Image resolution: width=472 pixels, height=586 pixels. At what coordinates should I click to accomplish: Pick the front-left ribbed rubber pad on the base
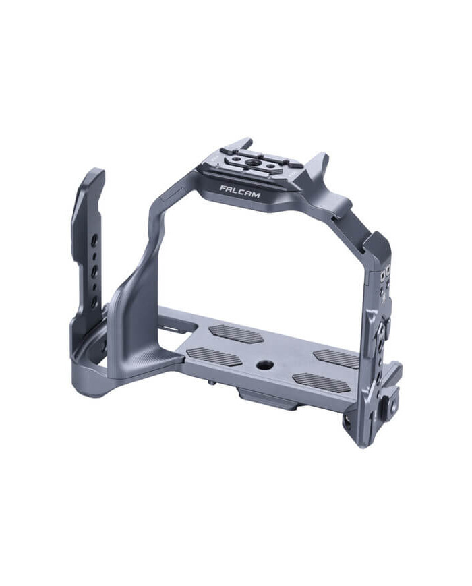coord(214,357)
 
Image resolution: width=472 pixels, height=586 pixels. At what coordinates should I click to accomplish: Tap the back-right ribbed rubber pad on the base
coord(335,358)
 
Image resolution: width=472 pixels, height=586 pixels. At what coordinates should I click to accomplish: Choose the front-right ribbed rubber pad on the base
coord(322,382)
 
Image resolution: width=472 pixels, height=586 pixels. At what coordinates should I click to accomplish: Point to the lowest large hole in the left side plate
coord(94,301)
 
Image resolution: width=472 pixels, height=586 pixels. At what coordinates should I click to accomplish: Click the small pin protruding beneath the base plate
coord(213,383)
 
